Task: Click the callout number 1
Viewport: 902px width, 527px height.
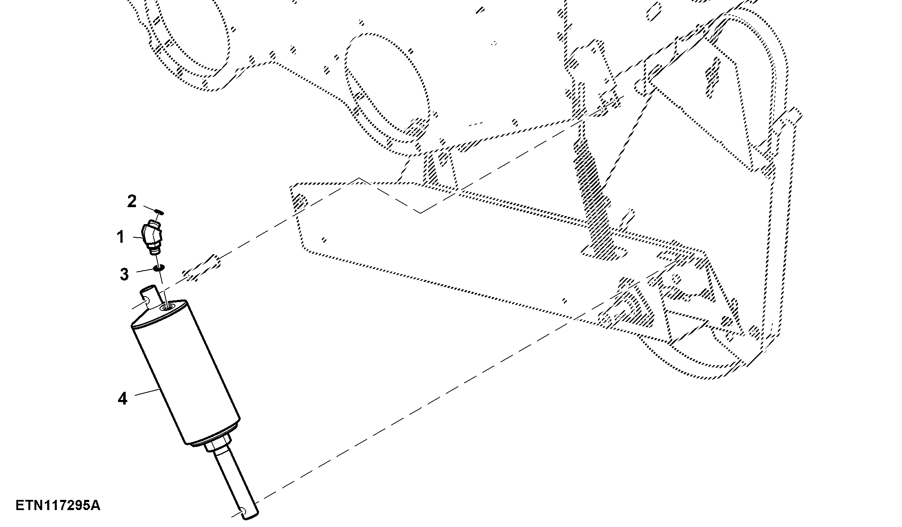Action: tap(121, 237)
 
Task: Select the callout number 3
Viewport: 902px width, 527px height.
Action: tap(124, 274)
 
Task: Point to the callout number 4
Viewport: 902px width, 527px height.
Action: tap(122, 399)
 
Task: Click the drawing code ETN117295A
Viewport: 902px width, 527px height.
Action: tap(58, 505)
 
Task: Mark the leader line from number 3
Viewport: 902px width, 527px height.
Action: tap(143, 270)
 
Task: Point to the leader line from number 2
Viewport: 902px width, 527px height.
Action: tap(149, 208)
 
